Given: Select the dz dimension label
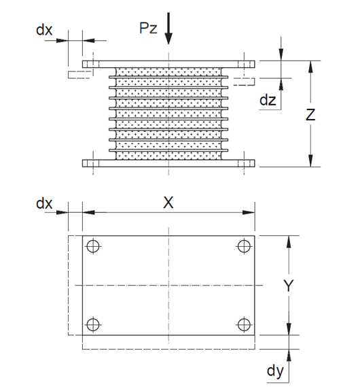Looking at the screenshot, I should [x=268, y=100].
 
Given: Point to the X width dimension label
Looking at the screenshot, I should [x=168, y=202].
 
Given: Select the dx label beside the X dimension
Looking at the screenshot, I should [x=44, y=203].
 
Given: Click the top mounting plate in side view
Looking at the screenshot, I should [x=168, y=64].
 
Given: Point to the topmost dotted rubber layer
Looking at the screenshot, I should [x=168, y=71].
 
